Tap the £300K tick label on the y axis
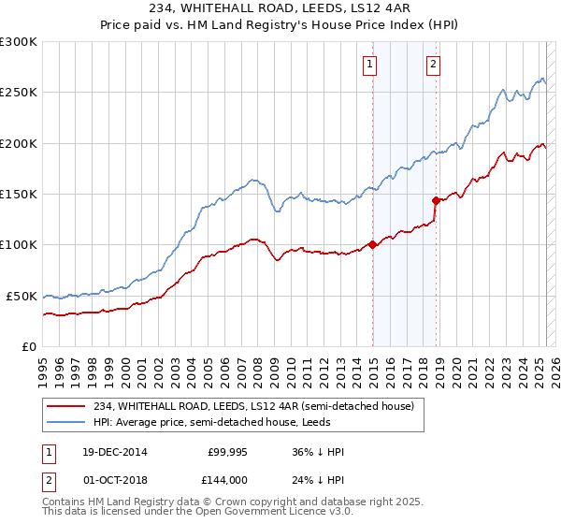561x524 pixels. pos(19,42)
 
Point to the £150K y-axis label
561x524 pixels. pos(19,194)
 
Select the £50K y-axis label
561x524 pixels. pos(22,296)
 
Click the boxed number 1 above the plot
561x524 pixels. pos(370,65)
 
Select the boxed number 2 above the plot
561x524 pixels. pos(434,65)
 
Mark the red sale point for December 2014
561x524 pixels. pos(372,245)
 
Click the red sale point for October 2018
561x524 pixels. pos(436,200)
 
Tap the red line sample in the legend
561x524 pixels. pos(66,406)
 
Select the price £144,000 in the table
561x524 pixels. pos(227,479)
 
